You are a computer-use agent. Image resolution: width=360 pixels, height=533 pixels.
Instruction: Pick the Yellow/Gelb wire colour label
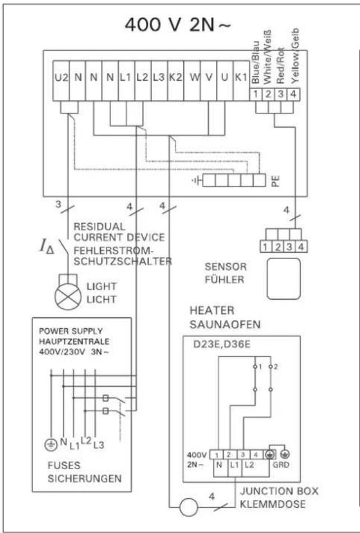click(x=295, y=55)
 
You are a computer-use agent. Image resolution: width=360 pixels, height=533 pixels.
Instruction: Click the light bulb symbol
click(x=68, y=296)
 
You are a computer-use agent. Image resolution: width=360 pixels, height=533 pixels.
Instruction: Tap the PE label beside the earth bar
click(x=276, y=180)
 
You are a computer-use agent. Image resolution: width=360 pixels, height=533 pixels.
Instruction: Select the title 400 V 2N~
click(x=177, y=25)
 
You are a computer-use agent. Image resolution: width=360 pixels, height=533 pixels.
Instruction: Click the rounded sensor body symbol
click(x=284, y=279)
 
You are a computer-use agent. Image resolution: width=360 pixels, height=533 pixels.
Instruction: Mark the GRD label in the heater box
click(x=281, y=464)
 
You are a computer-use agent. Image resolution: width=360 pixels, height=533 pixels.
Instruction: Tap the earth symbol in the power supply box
click(x=52, y=444)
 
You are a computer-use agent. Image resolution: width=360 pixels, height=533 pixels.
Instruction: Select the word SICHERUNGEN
click(x=85, y=479)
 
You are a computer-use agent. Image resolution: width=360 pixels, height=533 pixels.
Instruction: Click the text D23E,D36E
click(x=222, y=344)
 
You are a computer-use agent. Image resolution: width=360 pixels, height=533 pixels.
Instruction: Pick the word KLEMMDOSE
click(x=273, y=504)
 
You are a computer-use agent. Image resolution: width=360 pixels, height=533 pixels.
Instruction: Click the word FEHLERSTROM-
click(x=112, y=251)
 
